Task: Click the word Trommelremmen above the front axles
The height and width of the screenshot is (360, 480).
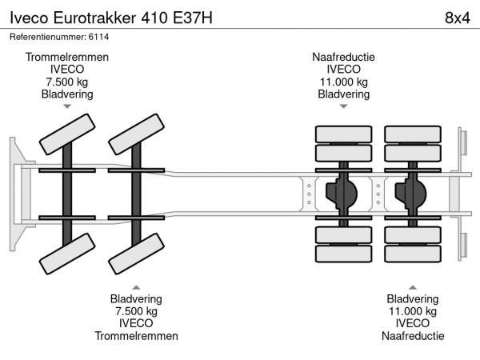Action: (67, 58)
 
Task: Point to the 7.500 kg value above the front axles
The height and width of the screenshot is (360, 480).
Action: (67, 82)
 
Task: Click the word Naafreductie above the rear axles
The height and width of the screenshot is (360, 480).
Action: (343, 58)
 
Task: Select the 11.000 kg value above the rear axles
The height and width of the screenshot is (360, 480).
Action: (343, 82)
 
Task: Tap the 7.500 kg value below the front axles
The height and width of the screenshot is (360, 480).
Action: (136, 312)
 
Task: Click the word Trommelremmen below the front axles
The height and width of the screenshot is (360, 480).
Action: (136, 336)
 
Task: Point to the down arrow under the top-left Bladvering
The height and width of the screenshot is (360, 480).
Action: (67, 106)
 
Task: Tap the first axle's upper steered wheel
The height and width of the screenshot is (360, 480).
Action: (67, 134)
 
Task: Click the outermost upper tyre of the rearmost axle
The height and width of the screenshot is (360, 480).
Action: (413, 134)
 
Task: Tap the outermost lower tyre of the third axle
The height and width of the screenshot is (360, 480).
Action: (344, 255)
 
